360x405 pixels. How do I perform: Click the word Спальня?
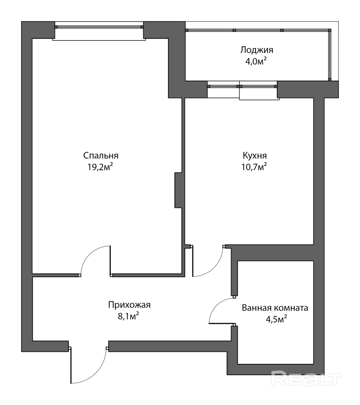[101, 155]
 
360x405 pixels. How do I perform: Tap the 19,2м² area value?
[100, 167]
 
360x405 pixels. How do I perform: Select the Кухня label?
[255, 155]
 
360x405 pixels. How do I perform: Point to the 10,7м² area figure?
[254, 167]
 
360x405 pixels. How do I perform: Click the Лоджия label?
[257, 50]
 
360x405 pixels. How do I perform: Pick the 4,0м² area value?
[256, 62]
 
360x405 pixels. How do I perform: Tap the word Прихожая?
[129, 305]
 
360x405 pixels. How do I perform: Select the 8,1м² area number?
[129, 316]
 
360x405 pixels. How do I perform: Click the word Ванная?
[256, 308]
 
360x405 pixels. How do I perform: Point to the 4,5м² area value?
[276, 319]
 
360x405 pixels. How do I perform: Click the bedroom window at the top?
[99, 27]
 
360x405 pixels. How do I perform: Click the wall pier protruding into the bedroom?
[178, 190]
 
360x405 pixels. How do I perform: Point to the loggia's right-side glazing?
[329, 55]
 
